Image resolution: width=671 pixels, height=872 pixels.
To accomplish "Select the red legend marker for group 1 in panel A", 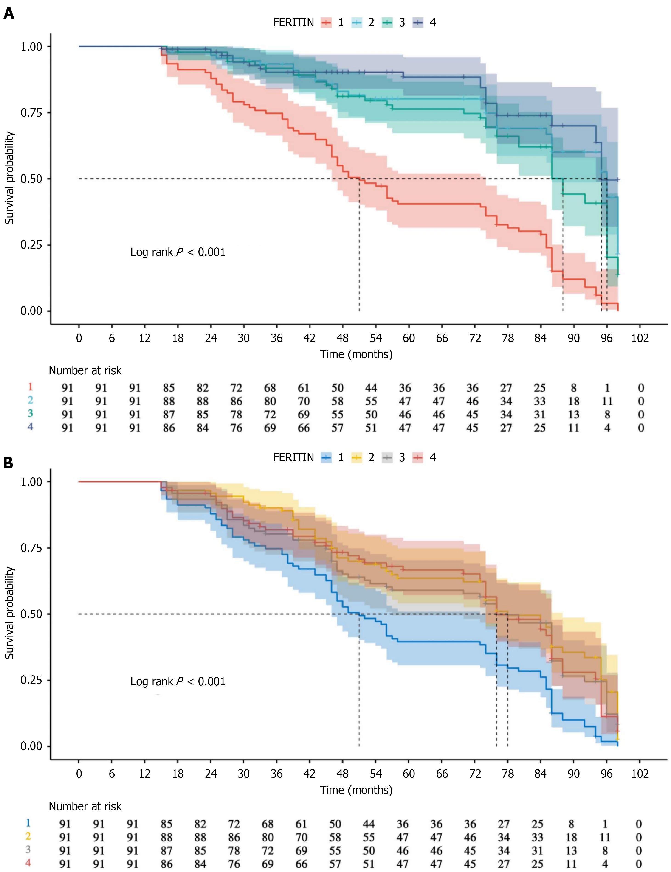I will [x=326, y=23].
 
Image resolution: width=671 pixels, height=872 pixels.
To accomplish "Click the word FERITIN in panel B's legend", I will [x=293, y=457].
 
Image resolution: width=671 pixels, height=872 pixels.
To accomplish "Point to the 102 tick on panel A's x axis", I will [x=640, y=338].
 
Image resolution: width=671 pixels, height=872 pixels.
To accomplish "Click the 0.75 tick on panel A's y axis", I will [x=31, y=113].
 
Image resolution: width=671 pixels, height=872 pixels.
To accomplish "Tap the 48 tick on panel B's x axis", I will [x=343, y=774].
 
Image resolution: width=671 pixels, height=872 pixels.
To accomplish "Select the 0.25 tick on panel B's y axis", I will [x=31, y=680].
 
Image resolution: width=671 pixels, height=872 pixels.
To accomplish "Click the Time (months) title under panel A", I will [x=356, y=354].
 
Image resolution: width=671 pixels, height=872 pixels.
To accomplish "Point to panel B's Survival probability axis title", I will [x=10, y=613].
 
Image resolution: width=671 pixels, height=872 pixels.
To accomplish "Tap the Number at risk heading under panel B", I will [x=85, y=807].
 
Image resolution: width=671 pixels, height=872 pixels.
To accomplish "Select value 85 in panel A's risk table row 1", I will [x=169, y=388].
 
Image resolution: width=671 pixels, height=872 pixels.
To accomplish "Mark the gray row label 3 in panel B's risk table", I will [x=28, y=850].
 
